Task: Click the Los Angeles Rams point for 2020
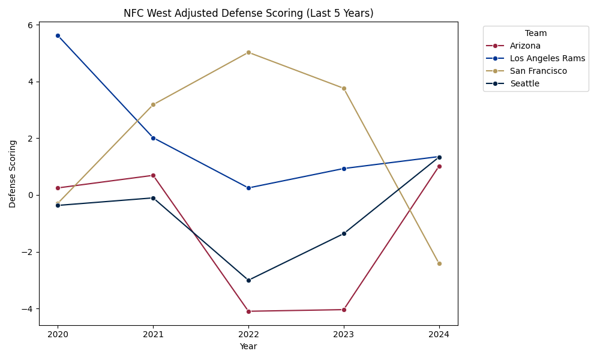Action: [58, 35]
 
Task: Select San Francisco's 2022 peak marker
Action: [248, 52]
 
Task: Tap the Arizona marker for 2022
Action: [248, 311]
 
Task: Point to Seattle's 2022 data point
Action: [248, 280]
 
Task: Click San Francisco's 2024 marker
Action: [439, 263]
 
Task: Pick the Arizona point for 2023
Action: [344, 310]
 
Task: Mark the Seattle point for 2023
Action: [344, 233]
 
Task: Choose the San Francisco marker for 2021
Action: [153, 104]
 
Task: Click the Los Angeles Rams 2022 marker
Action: [248, 188]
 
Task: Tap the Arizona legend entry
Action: [525, 46]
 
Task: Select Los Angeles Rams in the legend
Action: [547, 58]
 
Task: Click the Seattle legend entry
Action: [524, 83]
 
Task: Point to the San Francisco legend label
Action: [538, 71]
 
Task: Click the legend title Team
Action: [536, 34]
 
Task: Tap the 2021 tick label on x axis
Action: [153, 335]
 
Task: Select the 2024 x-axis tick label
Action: [439, 335]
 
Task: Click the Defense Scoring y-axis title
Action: [13, 174]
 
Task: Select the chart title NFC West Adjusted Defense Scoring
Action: [248, 13]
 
